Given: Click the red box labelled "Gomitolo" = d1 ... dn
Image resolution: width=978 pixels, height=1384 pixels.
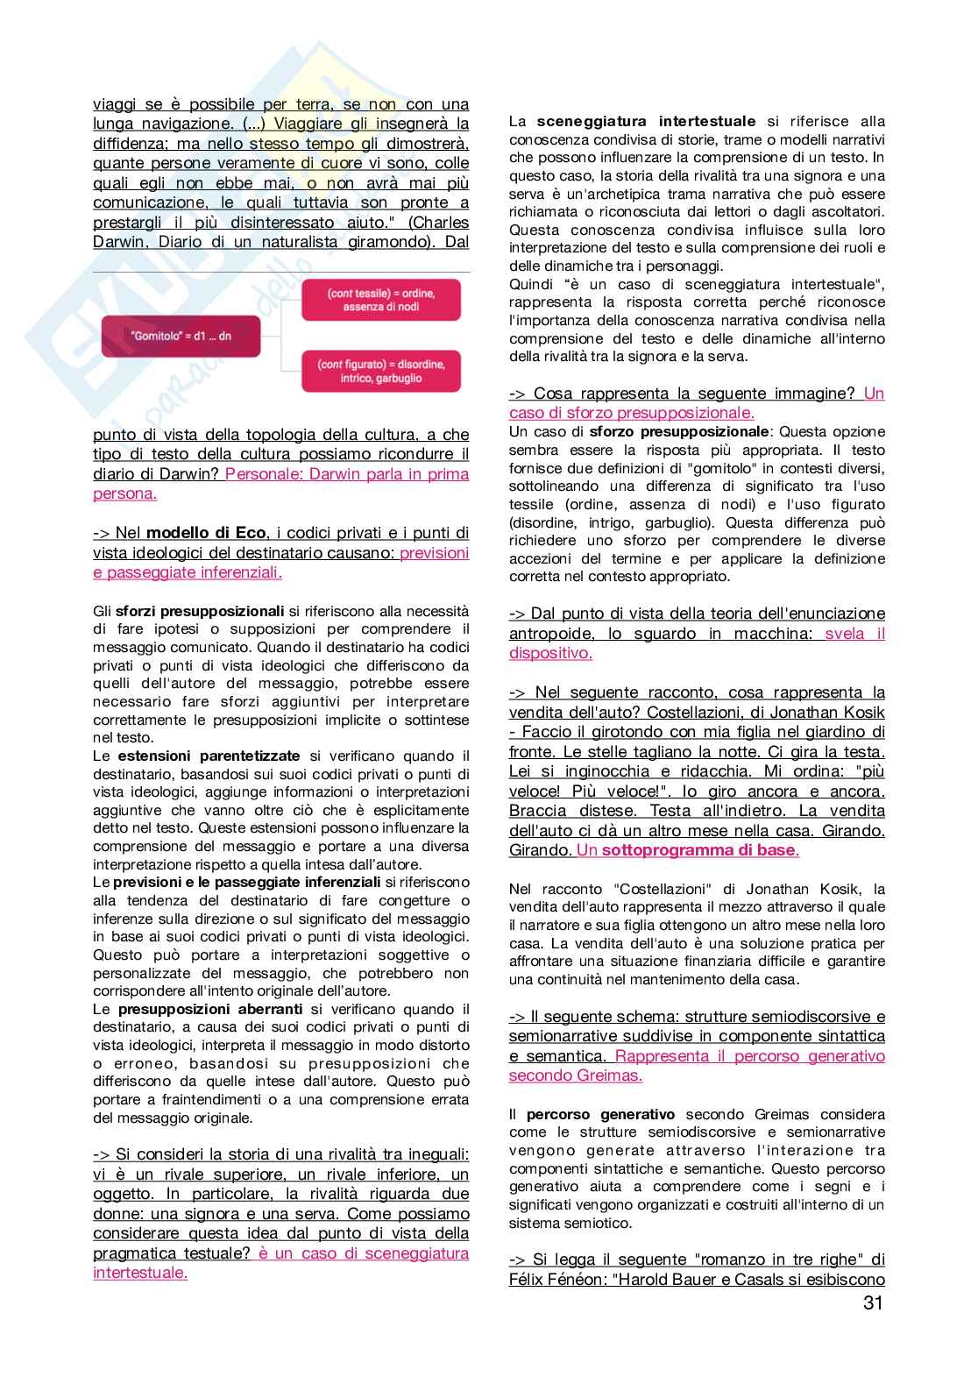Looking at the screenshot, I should tap(181, 336).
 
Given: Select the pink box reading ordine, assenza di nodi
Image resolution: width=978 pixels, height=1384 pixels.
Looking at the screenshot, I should tap(381, 299).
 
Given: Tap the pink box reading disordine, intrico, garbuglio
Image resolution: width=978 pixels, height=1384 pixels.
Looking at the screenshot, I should tap(381, 371).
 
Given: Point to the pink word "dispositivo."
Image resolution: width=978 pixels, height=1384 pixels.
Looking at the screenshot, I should tap(550, 653).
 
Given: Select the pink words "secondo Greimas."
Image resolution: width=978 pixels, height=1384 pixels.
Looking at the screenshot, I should tap(576, 1075).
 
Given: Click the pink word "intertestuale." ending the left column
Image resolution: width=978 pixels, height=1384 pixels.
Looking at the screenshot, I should tap(140, 1273).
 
